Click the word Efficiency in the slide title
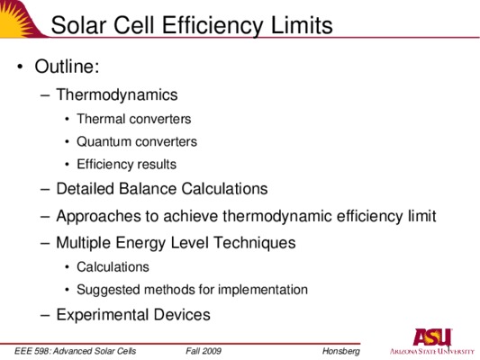pyautogui.click(x=213, y=26)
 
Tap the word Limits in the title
pyautogui.click(x=302, y=25)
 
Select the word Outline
pyautogui.click(x=67, y=66)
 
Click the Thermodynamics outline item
pyautogui.click(x=117, y=95)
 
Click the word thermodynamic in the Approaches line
pyautogui.click(x=277, y=216)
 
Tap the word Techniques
pyautogui.click(x=255, y=243)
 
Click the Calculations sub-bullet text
pyautogui.click(x=113, y=267)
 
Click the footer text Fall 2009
pyautogui.click(x=204, y=351)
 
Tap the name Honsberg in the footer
pyautogui.click(x=341, y=351)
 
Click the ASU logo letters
pyautogui.click(x=432, y=337)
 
